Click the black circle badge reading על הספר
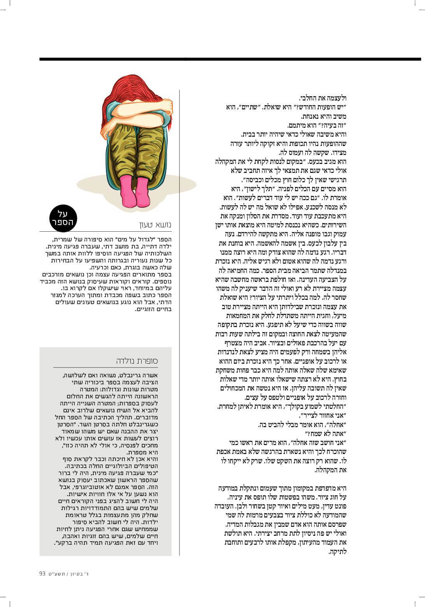(63, 219)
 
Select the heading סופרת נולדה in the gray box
(137, 361)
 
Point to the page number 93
(43, 574)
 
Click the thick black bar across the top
(230, 59)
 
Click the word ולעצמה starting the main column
(337, 98)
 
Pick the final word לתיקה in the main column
(337, 551)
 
